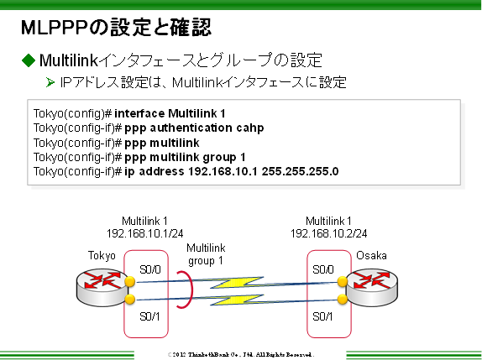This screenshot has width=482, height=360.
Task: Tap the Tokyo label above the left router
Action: click(101, 254)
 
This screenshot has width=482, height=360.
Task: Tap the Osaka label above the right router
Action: click(371, 254)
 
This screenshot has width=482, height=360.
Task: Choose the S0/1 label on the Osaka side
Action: click(322, 316)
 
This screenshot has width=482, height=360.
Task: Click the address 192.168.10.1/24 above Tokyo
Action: click(145, 232)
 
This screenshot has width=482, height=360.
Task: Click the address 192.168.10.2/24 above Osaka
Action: click(328, 232)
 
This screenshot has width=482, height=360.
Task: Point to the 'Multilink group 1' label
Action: click(206, 254)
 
